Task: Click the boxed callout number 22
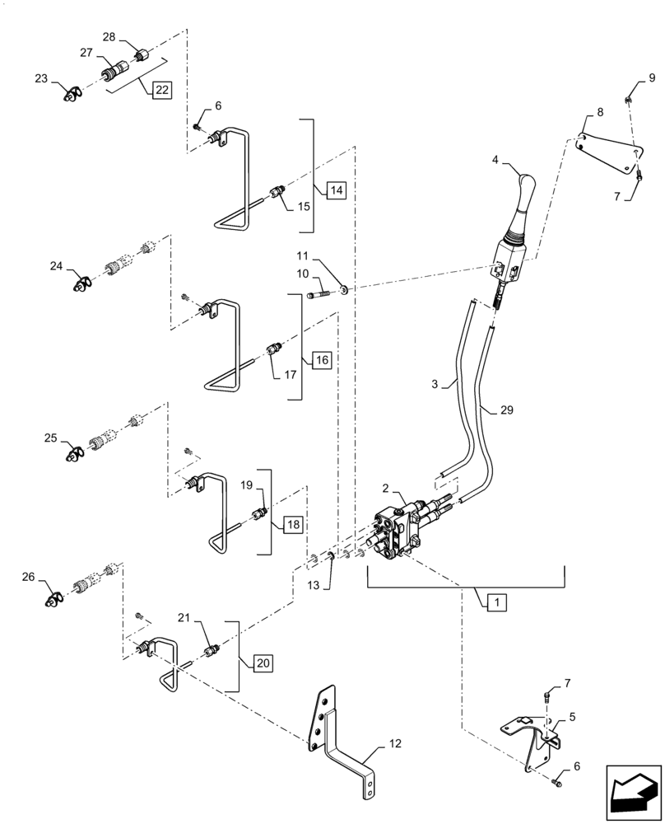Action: (160, 90)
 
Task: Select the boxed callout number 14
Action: (335, 190)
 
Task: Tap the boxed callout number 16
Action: (321, 360)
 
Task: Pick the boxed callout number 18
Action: (293, 524)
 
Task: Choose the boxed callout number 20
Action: (262, 661)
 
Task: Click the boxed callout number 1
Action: (495, 603)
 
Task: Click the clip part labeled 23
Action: (74, 96)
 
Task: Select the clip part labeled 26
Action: (56, 599)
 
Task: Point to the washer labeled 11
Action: (343, 289)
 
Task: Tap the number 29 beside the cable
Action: (505, 410)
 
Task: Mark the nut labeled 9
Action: (628, 101)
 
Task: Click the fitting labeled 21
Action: (213, 650)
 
